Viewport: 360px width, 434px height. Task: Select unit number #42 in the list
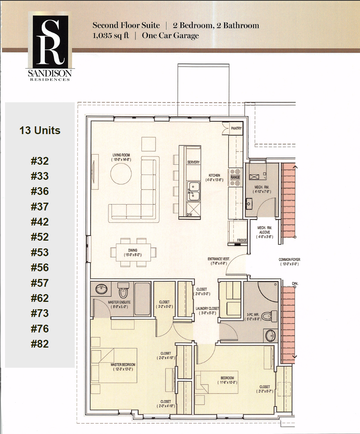coord(40,222)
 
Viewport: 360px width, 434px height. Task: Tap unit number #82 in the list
coord(40,344)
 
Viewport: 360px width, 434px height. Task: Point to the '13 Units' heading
coord(40,130)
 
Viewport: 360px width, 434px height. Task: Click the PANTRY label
coord(236,128)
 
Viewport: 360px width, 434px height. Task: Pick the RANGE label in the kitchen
coord(235,177)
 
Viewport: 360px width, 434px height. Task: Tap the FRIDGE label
coord(242,241)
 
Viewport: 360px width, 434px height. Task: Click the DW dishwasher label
coord(189,214)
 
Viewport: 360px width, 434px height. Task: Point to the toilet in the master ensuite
coord(123,290)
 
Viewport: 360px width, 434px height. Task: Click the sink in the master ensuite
coord(102,289)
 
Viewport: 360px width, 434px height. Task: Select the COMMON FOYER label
coord(289,260)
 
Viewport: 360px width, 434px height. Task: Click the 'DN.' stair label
coord(295,284)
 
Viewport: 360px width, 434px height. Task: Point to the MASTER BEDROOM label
coord(123,365)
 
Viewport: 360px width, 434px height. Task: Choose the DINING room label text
coord(133,250)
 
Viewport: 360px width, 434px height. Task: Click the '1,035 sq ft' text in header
coord(111,36)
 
